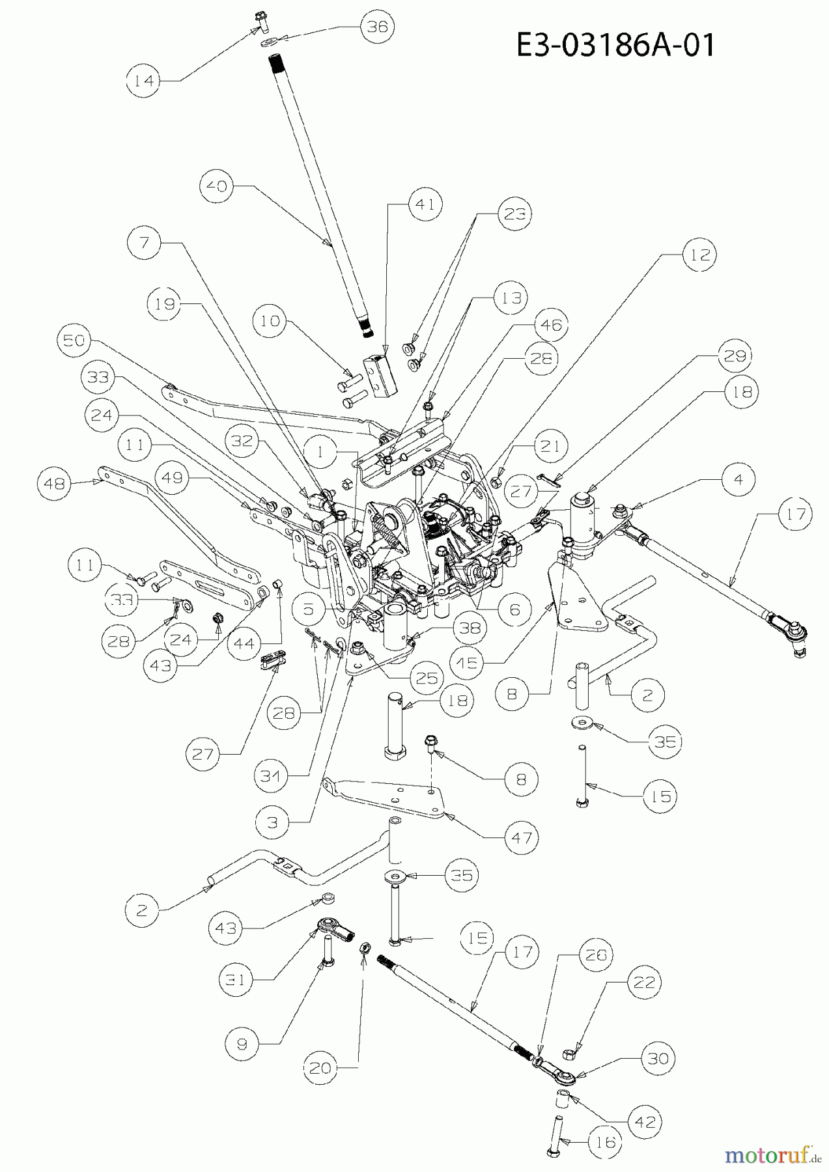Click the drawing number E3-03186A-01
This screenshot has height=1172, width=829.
pyautogui.click(x=615, y=46)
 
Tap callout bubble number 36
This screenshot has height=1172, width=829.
pyautogui.click(x=378, y=27)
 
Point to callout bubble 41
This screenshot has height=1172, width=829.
pyautogui.click(x=425, y=204)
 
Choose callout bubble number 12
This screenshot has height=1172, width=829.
pyautogui.click(x=699, y=255)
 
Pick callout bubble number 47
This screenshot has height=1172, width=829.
pyautogui.click(x=523, y=837)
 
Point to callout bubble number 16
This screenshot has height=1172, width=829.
pyautogui.click(x=605, y=1141)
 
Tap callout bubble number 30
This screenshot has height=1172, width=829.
pyautogui.click(x=658, y=1059)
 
